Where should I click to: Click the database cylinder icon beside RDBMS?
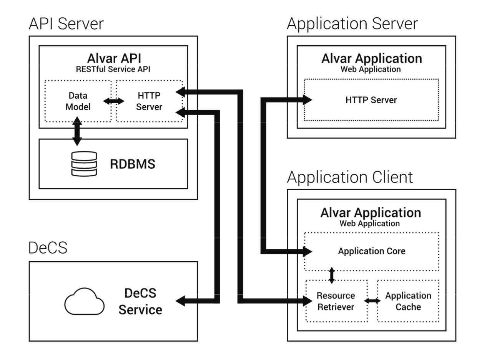click(x=84, y=164)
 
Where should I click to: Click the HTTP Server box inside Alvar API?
click(x=149, y=101)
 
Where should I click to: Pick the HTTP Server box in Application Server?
click(x=371, y=100)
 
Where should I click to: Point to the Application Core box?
click(x=371, y=251)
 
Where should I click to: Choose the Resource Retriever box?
click(x=336, y=301)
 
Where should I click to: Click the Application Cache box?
click(x=408, y=301)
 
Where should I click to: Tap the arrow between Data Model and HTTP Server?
click(x=114, y=101)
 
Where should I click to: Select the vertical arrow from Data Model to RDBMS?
click(x=77, y=132)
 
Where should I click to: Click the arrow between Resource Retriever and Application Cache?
click(x=372, y=301)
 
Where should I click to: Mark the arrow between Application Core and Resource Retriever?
click(x=332, y=275)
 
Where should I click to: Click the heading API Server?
click(x=66, y=24)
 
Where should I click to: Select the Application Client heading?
click(x=350, y=177)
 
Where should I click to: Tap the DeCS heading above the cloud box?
click(x=48, y=248)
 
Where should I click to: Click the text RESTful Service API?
click(x=113, y=70)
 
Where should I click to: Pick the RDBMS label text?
click(x=133, y=164)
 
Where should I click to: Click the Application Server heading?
click(x=352, y=24)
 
